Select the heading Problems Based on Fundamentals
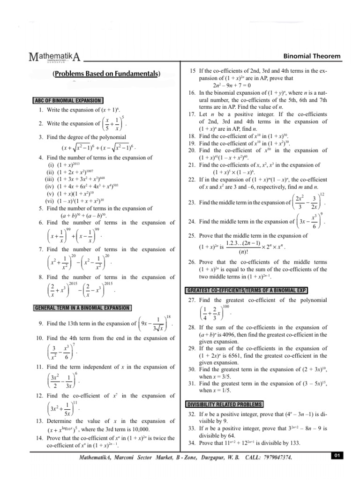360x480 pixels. click(106, 74)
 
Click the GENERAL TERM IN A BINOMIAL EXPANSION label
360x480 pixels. click(82, 307)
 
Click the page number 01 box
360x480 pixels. click(337, 456)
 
